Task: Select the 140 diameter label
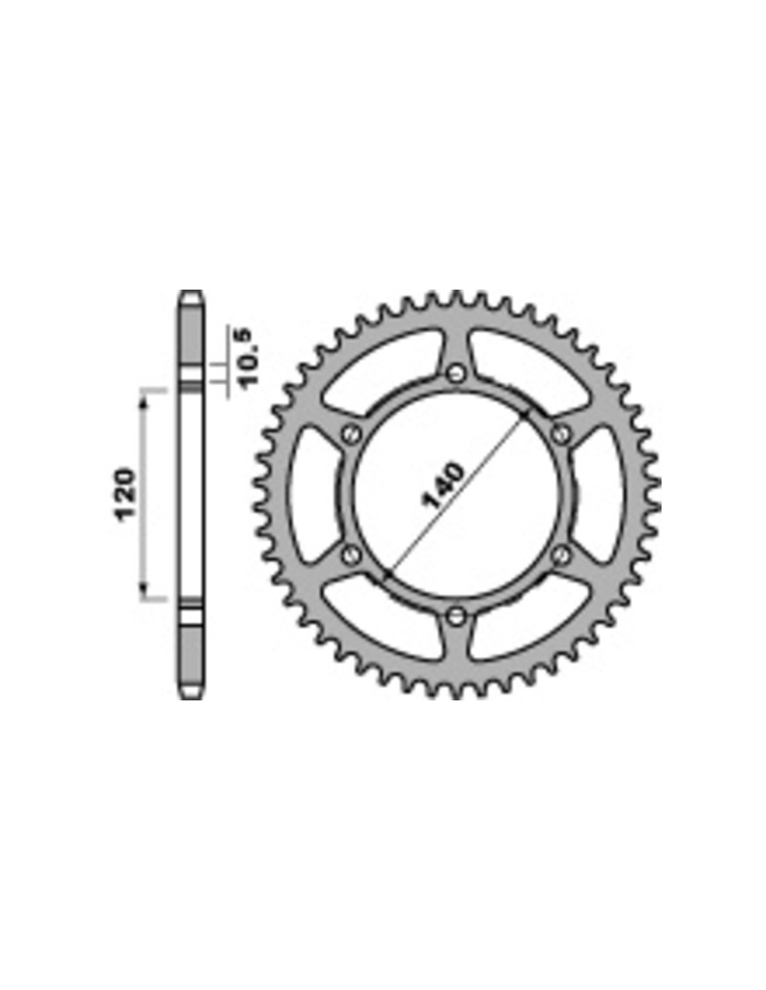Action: click(x=443, y=485)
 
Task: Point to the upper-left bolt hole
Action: click(x=350, y=434)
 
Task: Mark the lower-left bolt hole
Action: click(x=350, y=555)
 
